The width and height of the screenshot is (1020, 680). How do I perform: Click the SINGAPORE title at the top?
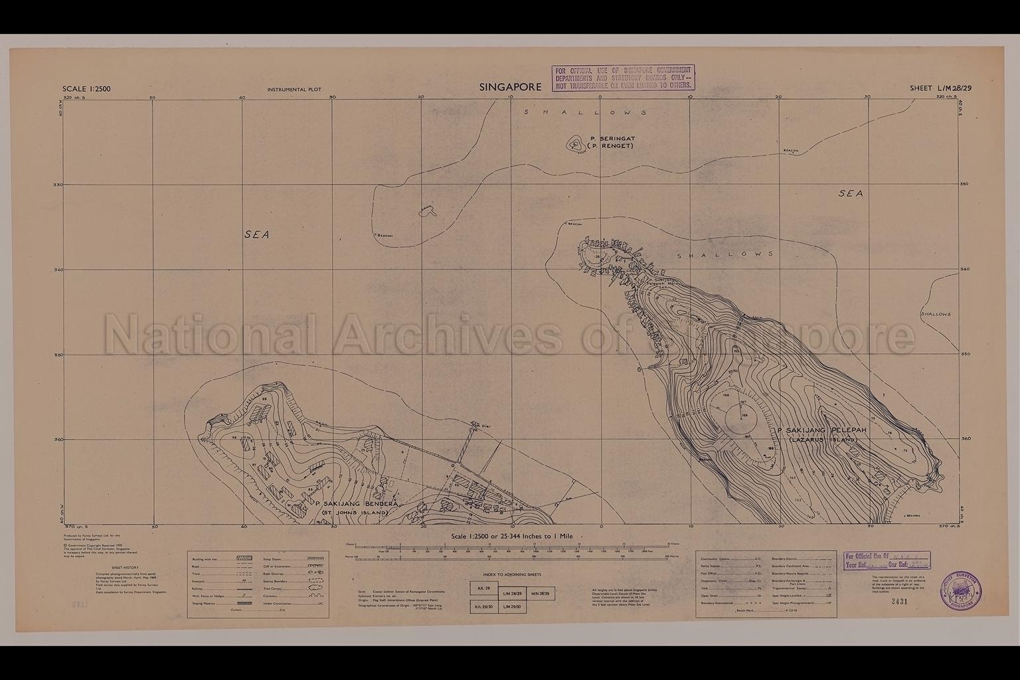point(510,87)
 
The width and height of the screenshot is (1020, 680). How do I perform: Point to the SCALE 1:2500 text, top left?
point(86,89)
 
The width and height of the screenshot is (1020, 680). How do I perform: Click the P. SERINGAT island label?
point(612,138)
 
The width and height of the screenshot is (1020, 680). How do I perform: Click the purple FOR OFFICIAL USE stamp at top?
point(623,77)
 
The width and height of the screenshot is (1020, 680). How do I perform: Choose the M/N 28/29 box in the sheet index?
point(541,594)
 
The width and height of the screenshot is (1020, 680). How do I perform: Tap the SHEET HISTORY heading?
point(125,568)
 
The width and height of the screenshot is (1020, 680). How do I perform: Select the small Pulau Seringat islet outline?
point(572,143)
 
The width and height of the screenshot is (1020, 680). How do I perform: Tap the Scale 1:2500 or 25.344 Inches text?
point(511,536)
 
